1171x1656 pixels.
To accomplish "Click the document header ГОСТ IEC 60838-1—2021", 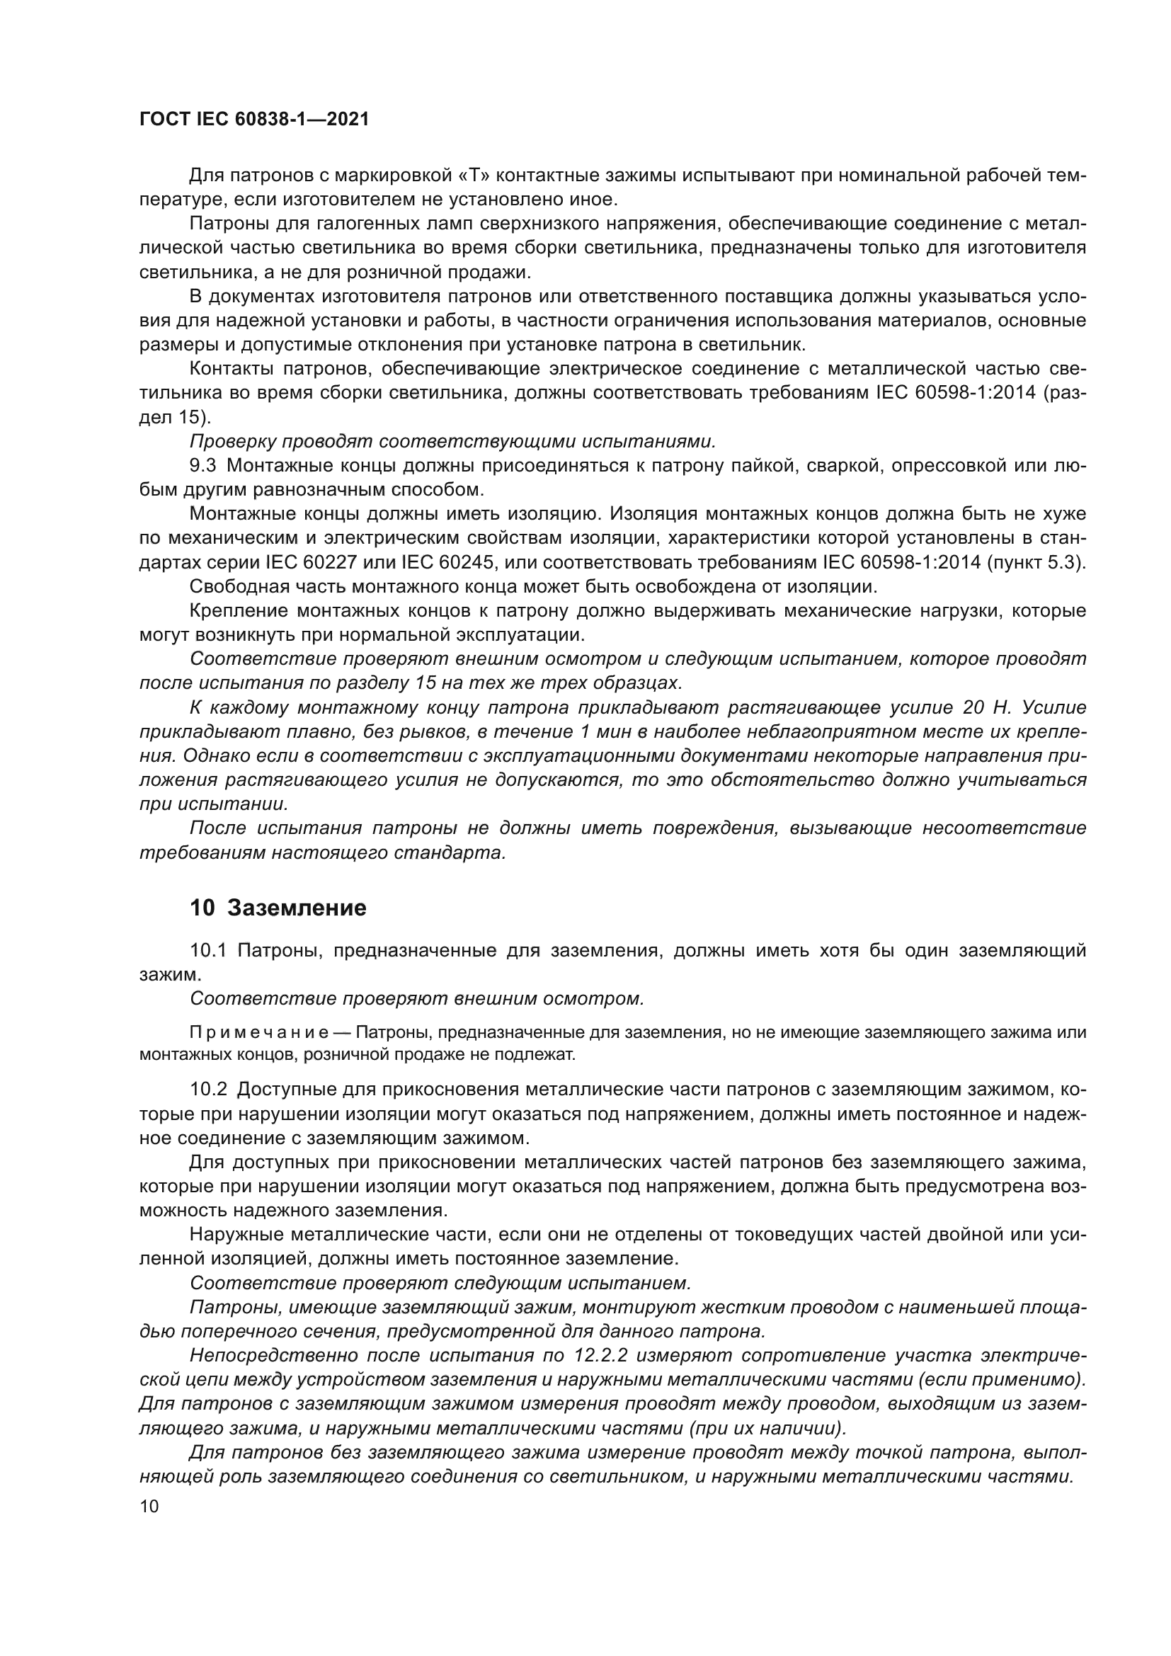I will [x=254, y=120].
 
